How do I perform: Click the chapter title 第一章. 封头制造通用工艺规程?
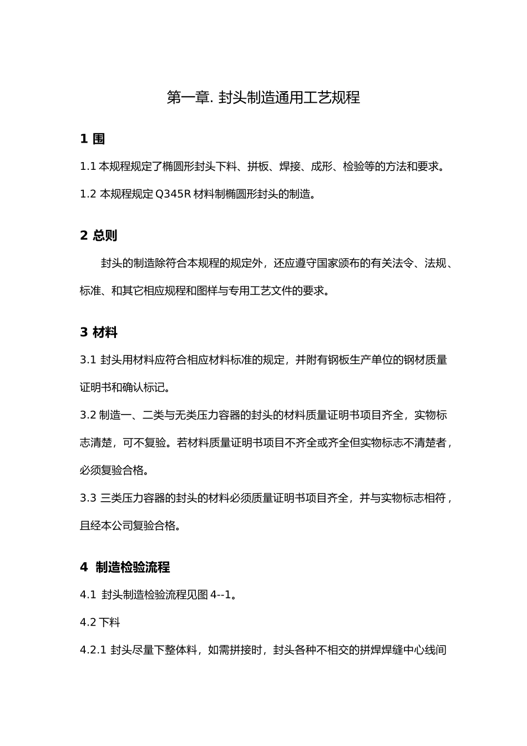tap(263, 98)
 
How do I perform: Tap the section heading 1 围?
tap(93, 139)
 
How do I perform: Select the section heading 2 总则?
tap(99, 235)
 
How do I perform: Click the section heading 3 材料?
tap(99, 332)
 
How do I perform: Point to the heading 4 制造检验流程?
tap(125, 567)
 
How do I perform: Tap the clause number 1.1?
tap(88, 167)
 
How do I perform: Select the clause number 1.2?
tap(88, 194)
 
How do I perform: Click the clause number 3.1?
tap(88, 360)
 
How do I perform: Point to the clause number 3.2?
tap(88, 415)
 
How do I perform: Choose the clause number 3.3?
tap(88, 498)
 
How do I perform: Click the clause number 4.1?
tap(88, 595)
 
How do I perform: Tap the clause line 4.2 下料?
tap(100, 622)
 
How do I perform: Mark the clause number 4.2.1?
tap(93, 650)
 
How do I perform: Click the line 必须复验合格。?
tap(115, 471)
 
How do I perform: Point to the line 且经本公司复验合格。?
tap(131, 526)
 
